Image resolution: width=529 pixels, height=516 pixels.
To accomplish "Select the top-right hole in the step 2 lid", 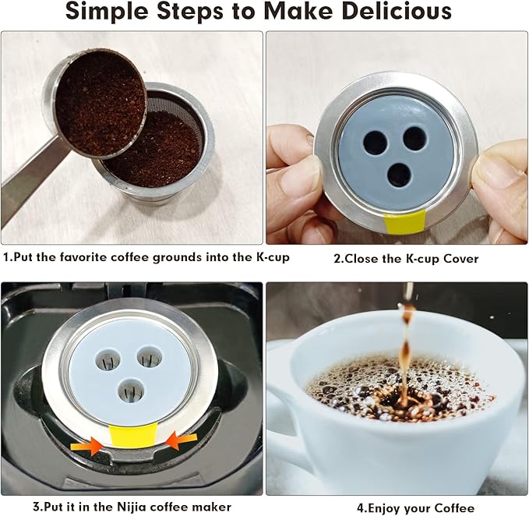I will pos(414,139).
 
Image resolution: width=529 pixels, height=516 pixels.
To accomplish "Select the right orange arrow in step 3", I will pos(181,440).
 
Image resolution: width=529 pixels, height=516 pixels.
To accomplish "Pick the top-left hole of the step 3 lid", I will pos(105,359).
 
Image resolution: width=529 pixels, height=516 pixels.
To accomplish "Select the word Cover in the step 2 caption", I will pos(456,259).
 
